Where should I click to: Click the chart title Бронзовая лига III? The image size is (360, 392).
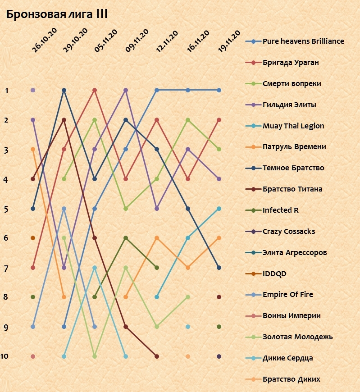[x=56, y=14]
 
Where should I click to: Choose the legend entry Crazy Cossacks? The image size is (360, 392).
[x=289, y=231]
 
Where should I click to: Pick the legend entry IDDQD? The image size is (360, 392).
[x=274, y=273]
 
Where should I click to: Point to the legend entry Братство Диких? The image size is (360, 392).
[x=291, y=379]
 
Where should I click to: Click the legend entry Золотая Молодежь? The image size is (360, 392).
[x=297, y=337]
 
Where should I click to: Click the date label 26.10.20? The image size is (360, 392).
[x=44, y=41]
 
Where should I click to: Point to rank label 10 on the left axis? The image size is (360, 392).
[x=5, y=356]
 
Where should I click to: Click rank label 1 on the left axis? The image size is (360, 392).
[x=7, y=91]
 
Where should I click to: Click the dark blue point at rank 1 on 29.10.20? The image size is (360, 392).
[x=64, y=90]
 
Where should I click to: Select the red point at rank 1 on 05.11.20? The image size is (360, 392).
[x=95, y=90]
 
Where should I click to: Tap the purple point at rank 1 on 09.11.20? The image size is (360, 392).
[x=126, y=90]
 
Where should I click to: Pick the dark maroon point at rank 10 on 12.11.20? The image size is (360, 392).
[x=157, y=356]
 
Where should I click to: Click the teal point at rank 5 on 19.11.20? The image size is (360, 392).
[x=219, y=209]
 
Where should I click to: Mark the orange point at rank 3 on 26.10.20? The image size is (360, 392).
[x=33, y=149]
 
